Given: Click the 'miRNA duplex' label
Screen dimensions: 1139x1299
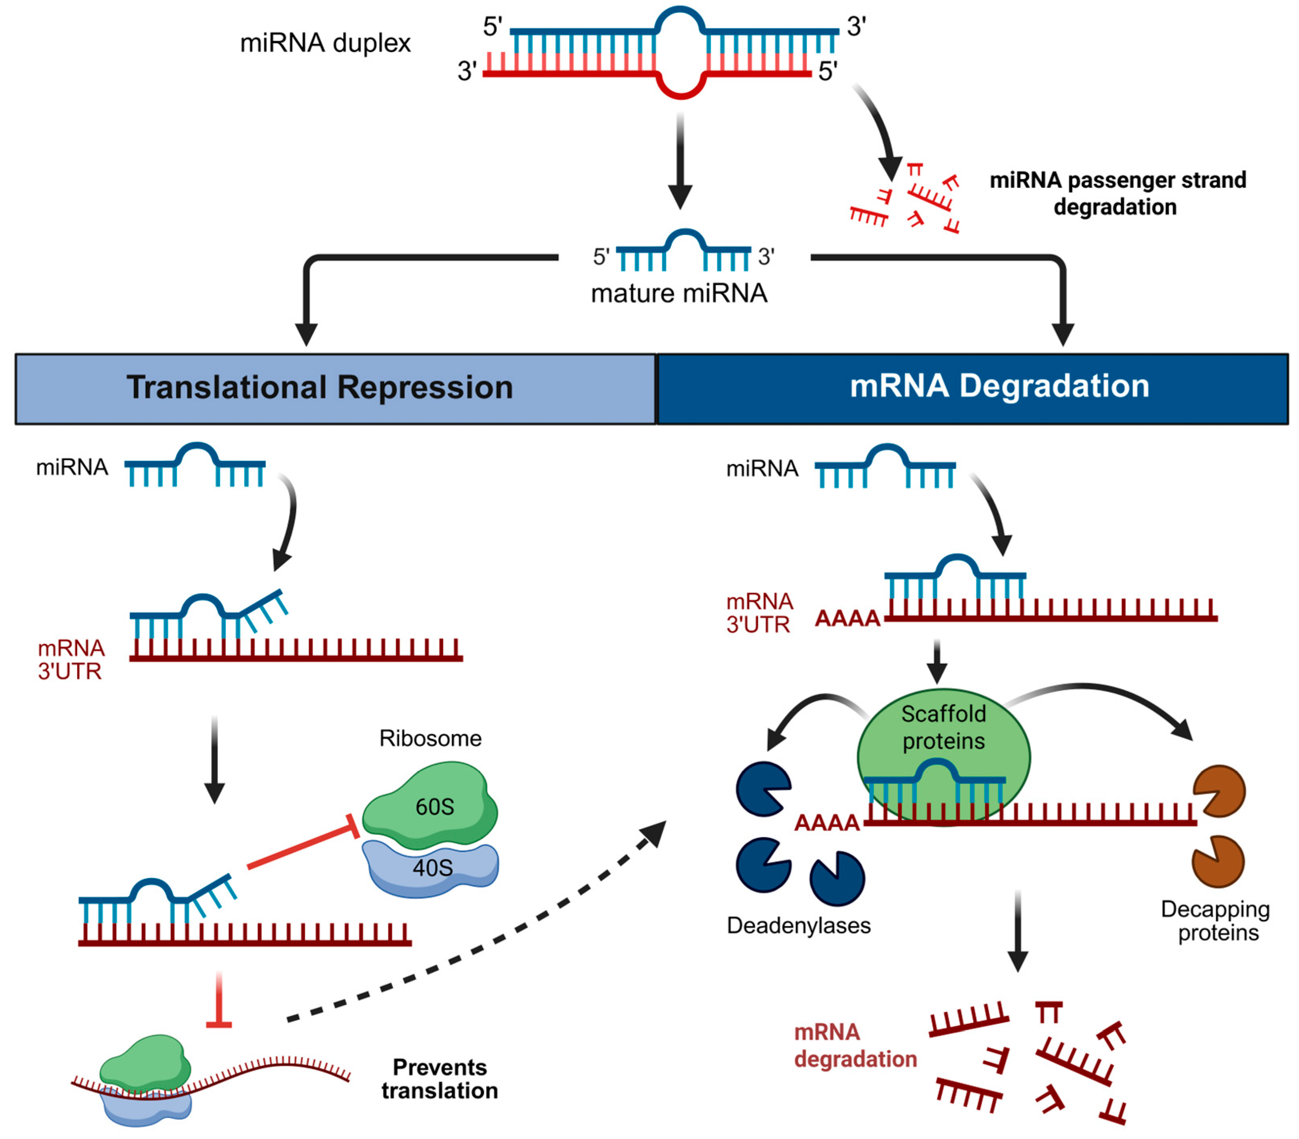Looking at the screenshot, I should pos(325,43).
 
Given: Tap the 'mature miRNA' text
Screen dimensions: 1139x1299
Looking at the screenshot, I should pos(679,294).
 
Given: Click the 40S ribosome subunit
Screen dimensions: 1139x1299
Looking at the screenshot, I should pos(432,868).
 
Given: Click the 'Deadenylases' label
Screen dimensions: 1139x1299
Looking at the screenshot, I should pos(798,926).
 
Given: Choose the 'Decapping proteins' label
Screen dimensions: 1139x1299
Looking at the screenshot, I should pos(1215,920).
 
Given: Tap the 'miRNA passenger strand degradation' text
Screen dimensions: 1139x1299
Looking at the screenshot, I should pos(1117,193).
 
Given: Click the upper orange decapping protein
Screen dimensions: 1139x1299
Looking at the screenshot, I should pos(1219,791).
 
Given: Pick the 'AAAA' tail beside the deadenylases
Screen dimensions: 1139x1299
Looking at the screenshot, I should pos(826,823).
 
